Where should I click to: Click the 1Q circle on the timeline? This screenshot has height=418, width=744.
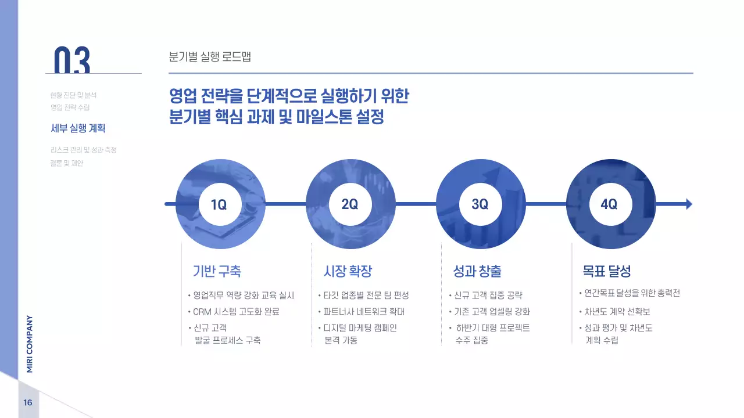(x=219, y=204)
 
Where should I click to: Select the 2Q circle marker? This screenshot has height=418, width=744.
(x=350, y=204)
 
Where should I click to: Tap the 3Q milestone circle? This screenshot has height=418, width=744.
(x=480, y=204)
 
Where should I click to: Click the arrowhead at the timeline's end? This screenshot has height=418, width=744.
(x=689, y=204)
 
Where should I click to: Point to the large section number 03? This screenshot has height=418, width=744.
(x=72, y=60)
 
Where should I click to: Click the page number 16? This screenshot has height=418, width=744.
(x=28, y=403)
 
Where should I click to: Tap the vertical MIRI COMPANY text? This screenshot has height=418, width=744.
(x=30, y=344)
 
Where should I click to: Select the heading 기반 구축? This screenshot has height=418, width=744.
(x=216, y=271)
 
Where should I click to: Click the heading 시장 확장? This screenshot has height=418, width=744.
(x=347, y=271)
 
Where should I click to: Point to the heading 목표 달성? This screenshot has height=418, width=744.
(x=607, y=271)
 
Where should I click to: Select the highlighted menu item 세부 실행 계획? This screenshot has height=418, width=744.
(x=78, y=128)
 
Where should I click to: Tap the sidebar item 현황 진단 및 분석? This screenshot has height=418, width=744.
(x=73, y=95)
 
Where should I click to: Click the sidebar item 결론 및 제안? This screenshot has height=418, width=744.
(x=67, y=163)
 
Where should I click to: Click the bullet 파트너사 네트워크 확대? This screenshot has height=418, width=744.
(x=364, y=312)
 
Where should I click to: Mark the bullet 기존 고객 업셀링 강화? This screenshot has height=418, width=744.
(x=492, y=312)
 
